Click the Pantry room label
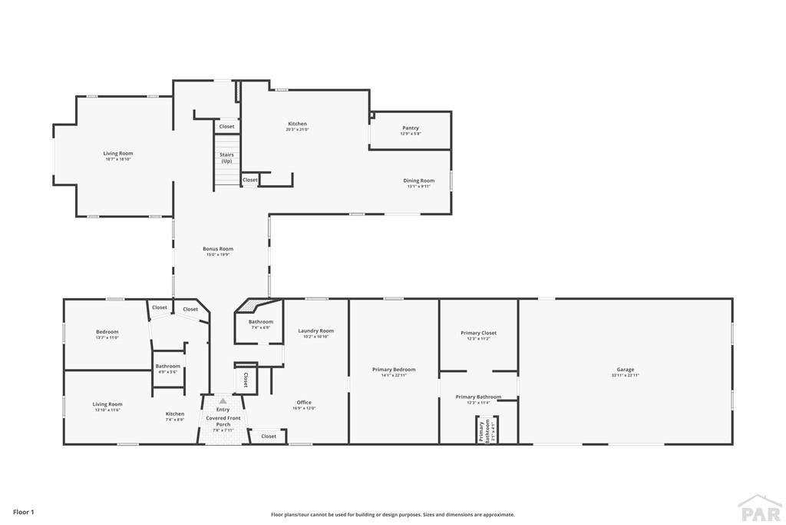411,128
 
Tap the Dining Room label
419,181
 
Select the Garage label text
625,370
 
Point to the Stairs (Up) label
226,158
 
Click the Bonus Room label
218,249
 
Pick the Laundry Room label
316,331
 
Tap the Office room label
304,402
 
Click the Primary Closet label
478,333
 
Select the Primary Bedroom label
394,370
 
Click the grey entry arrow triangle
223,400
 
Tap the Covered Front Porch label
223,421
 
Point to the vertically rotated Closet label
246,379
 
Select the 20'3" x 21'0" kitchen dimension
297,129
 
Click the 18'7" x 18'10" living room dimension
118,159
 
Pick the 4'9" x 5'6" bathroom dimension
167,372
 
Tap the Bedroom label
107,331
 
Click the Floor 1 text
24,512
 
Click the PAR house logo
759,508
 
